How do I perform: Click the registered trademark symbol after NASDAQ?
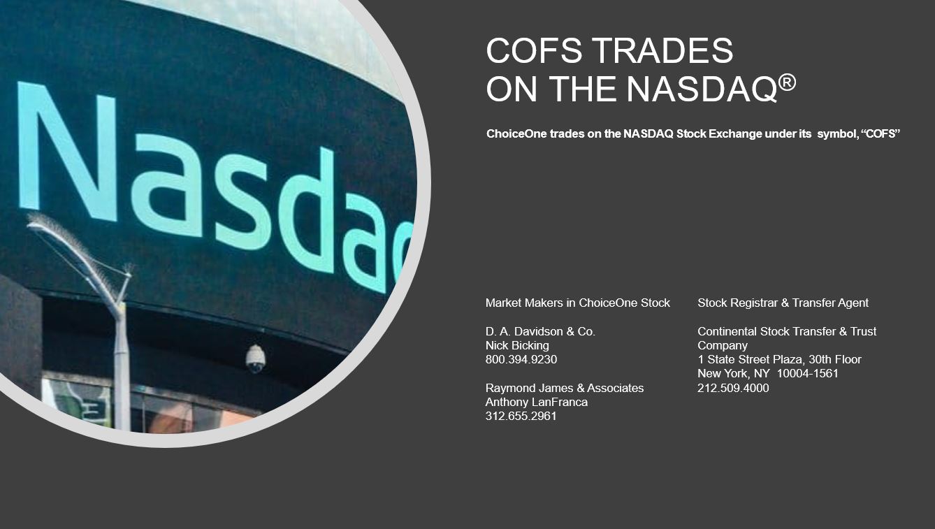click(788, 82)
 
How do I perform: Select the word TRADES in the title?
click(662, 50)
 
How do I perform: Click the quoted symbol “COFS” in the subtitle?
click(880, 134)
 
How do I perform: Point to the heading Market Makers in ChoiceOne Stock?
click(578, 303)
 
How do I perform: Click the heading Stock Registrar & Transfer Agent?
click(783, 303)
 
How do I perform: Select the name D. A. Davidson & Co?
click(540, 331)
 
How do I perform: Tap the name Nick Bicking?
click(517, 346)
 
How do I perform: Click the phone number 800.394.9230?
click(521, 359)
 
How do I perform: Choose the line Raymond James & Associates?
click(565, 389)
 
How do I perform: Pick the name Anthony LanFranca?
click(537, 402)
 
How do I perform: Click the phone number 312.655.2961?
click(521, 416)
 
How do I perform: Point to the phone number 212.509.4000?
click(733, 389)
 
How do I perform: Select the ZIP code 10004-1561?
click(807, 374)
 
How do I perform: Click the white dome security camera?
click(256, 359)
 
